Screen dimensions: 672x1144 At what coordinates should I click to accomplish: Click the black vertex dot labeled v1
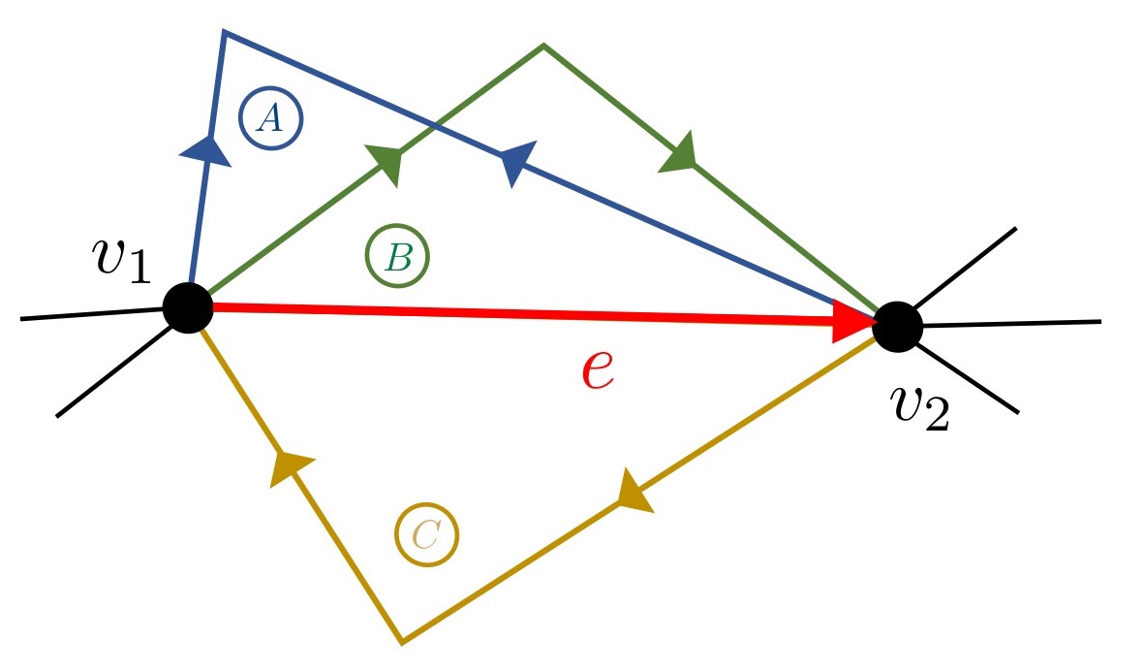click(x=187, y=308)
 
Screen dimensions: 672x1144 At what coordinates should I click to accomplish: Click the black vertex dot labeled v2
click(x=898, y=326)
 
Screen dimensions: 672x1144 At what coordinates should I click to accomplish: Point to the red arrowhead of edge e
click(x=854, y=321)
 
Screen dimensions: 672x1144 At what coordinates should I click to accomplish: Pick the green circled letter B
click(x=397, y=257)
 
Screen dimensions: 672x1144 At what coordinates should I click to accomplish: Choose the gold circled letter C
click(x=426, y=534)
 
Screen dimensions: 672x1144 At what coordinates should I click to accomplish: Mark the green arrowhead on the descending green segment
click(x=679, y=153)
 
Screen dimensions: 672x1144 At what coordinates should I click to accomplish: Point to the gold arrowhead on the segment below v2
click(x=632, y=491)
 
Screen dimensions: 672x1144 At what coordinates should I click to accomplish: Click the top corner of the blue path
click(x=224, y=33)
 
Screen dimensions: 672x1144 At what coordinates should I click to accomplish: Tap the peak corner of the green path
click(x=543, y=45)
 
